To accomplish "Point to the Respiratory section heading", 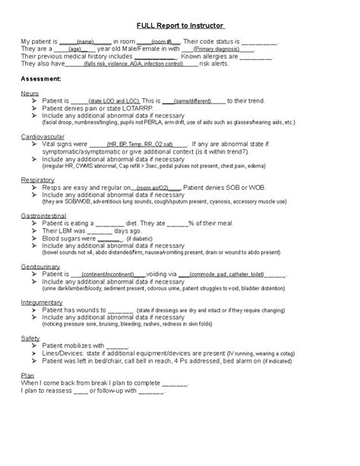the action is click(x=37, y=179).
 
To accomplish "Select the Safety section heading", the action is click(x=30, y=337).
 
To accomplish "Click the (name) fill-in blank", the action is click(x=84, y=40).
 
